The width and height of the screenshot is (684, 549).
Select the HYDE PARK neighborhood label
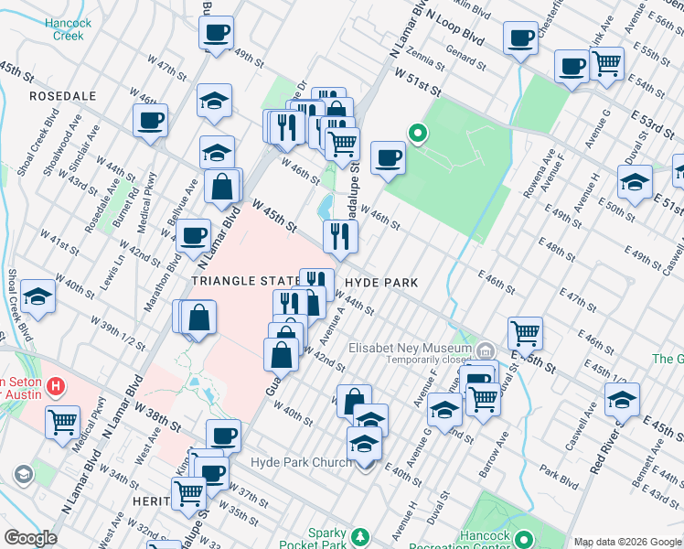tap(380, 284)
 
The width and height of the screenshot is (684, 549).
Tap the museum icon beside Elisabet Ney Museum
tap(486, 350)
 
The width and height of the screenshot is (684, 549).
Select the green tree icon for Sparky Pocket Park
tap(362, 535)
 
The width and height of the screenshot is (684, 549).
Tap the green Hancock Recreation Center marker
tap(524, 539)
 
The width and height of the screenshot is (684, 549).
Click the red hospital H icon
tap(58, 387)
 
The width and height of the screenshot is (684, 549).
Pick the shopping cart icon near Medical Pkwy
tap(62, 423)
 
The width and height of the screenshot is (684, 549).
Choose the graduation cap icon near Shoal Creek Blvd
tap(37, 296)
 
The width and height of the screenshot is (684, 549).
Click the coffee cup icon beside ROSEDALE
tap(150, 120)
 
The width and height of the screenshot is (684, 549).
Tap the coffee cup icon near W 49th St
tap(217, 33)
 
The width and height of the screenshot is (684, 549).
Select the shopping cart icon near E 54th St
tap(606, 64)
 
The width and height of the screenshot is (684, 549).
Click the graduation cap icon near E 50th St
tap(635, 182)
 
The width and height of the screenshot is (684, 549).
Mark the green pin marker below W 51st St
tap(417, 134)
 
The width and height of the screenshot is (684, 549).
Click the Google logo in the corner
tap(30, 538)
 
